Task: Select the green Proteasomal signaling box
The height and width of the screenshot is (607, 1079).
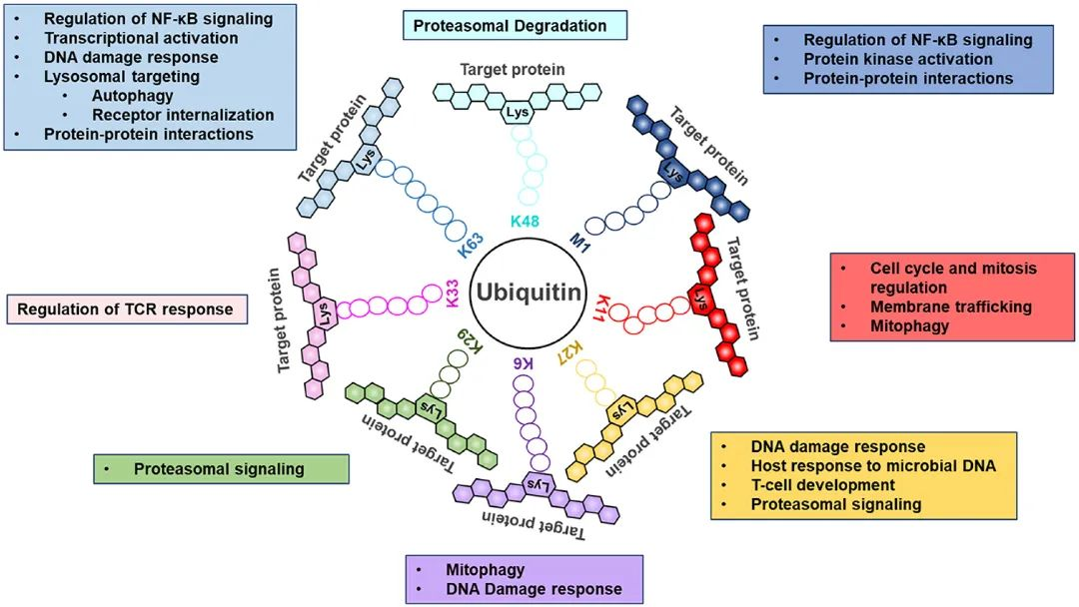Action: [x=220, y=468]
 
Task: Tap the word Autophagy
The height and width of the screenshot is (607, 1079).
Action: [x=132, y=96]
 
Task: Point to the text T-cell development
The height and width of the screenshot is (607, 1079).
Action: [x=823, y=485]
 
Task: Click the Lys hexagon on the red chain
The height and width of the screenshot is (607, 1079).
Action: [x=700, y=297]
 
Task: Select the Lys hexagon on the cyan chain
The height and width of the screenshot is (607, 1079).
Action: [x=518, y=113]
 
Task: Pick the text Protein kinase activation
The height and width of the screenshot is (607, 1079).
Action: [x=898, y=59]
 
